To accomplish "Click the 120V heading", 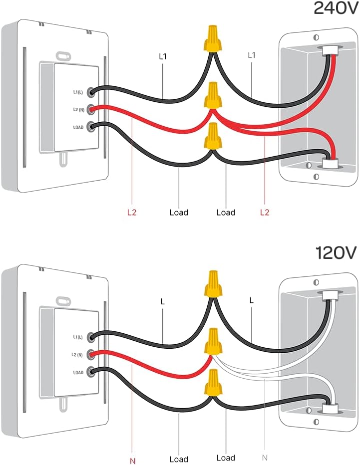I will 336,252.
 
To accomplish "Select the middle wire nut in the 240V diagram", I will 213,95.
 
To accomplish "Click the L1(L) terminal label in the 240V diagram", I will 79,92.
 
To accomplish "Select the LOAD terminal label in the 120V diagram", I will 78,372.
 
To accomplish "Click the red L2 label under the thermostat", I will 131,213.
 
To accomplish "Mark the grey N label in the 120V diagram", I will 264,458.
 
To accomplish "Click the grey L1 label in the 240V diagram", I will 252,55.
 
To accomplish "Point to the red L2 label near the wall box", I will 265,213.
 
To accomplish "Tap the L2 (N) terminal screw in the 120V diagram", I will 91,355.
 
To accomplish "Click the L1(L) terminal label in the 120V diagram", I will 79,337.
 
